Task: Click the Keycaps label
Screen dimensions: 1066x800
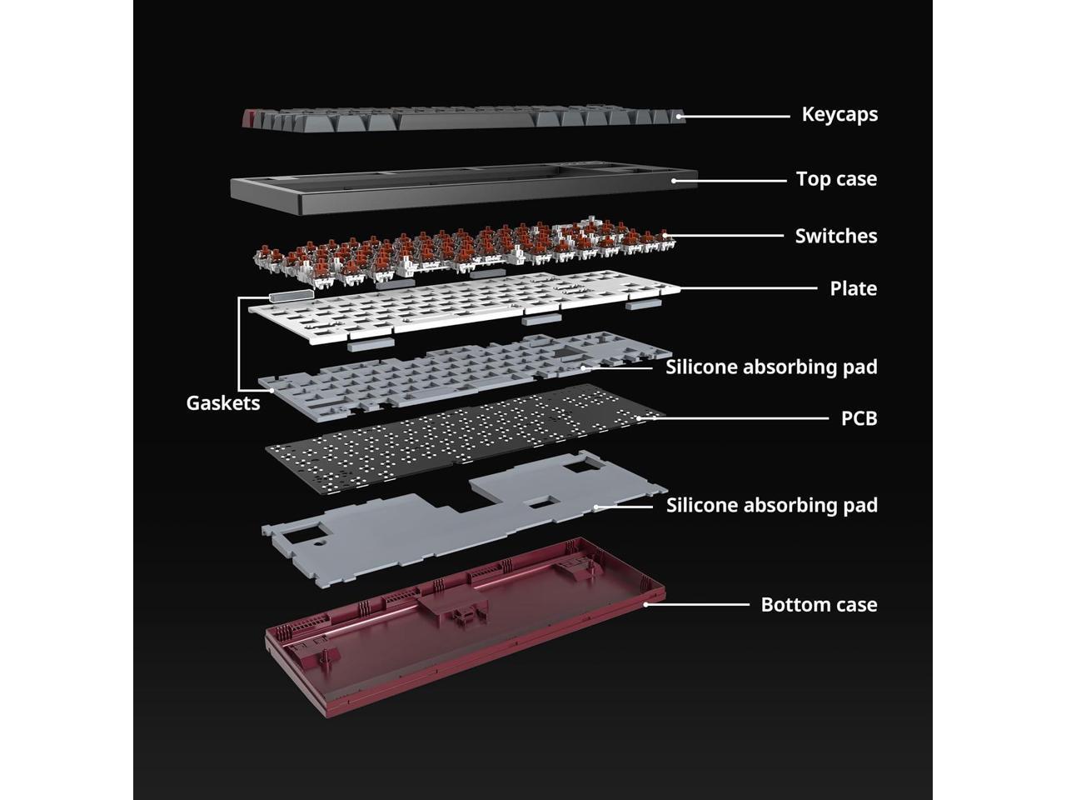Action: (x=839, y=114)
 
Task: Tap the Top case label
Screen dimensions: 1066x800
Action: (x=835, y=179)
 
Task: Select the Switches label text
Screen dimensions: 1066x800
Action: (x=835, y=237)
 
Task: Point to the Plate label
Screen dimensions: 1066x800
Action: (x=853, y=288)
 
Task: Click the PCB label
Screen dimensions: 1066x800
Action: (x=859, y=417)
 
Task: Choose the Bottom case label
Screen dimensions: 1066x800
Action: (x=819, y=604)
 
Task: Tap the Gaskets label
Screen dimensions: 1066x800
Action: (x=223, y=403)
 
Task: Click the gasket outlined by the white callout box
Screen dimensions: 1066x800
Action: (x=290, y=294)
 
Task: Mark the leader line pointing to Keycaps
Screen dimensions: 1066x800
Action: (x=737, y=116)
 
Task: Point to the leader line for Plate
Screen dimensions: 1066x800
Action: (x=750, y=288)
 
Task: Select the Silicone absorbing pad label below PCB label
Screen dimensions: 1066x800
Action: (x=771, y=505)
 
